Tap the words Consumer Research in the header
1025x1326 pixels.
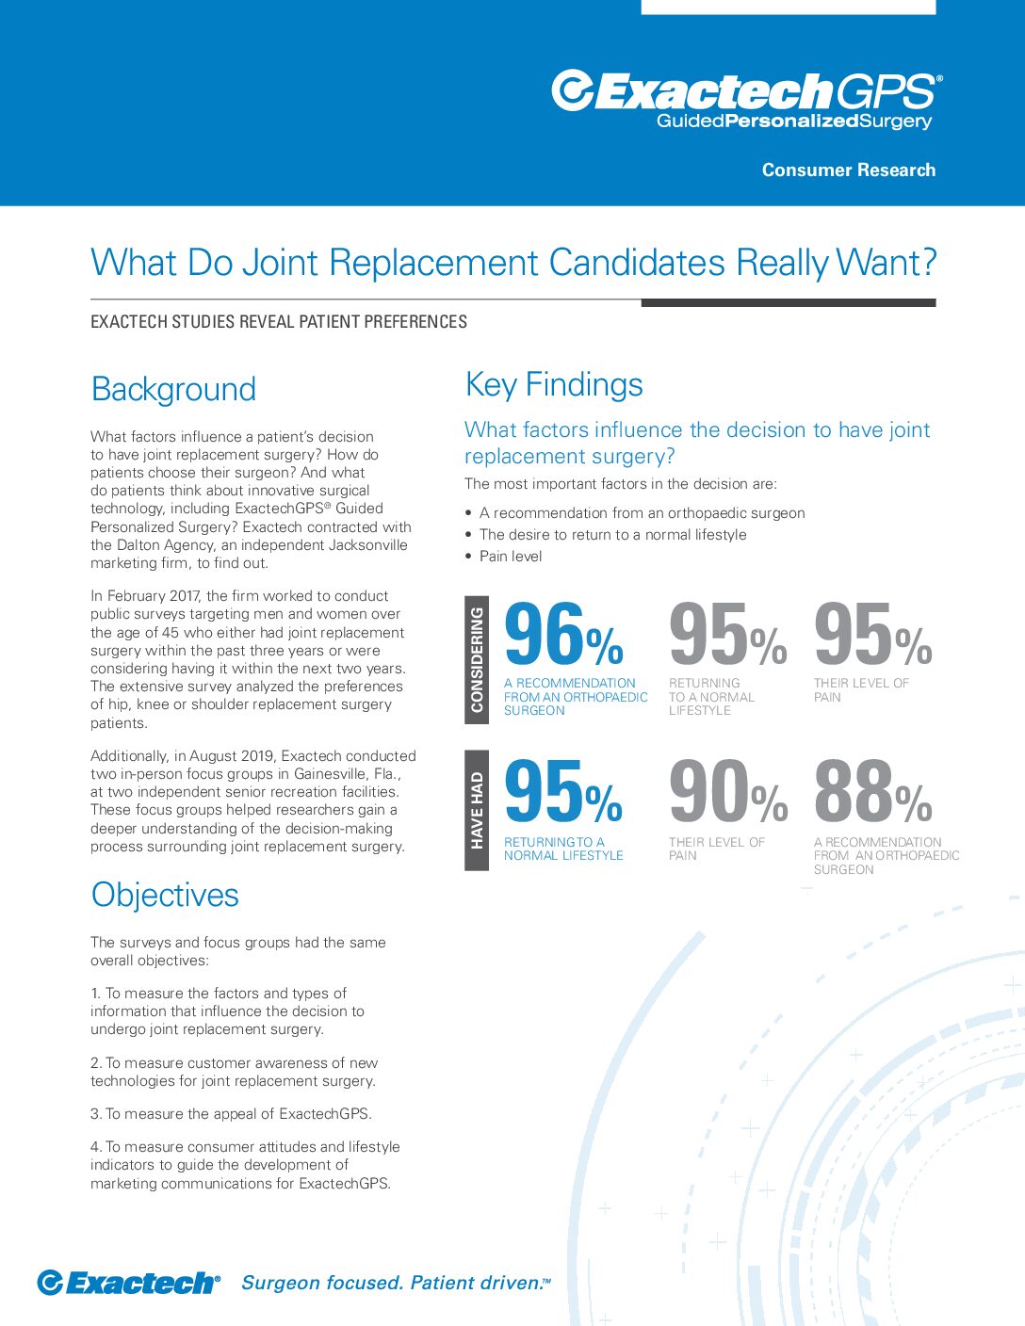click(x=848, y=170)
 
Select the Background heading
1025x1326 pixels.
click(x=173, y=389)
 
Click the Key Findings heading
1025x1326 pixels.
click(x=554, y=384)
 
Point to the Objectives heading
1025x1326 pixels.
click(x=165, y=895)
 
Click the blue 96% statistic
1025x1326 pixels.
click(x=563, y=635)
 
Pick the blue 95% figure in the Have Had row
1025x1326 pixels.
click(x=563, y=793)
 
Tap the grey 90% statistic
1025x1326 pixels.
click(x=727, y=793)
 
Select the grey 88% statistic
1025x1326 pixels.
click(x=872, y=793)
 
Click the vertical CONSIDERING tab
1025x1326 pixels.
click(x=477, y=659)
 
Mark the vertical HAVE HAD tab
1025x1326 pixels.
click(x=477, y=810)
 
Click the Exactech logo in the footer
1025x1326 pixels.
click(x=128, y=1283)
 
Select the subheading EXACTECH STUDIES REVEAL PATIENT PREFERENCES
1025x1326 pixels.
click(x=279, y=322)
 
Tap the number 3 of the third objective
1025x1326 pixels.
click(x=95, y=1114)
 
